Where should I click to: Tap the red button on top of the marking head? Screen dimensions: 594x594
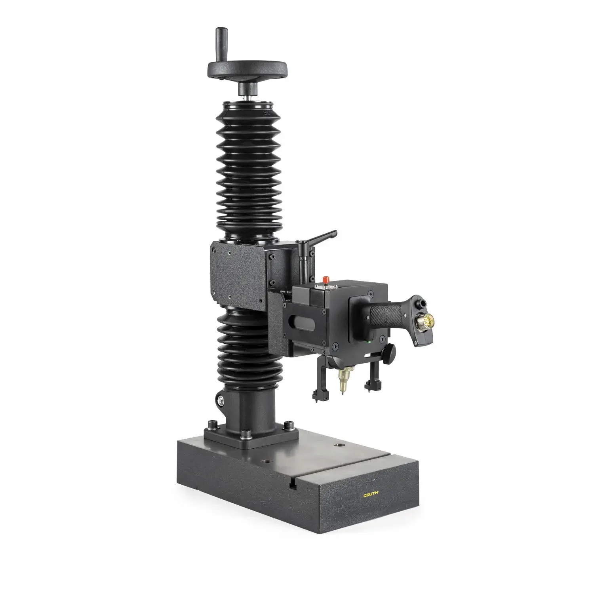click(x=326, y=280)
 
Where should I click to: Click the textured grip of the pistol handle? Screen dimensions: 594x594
click(x=384, y=315)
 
